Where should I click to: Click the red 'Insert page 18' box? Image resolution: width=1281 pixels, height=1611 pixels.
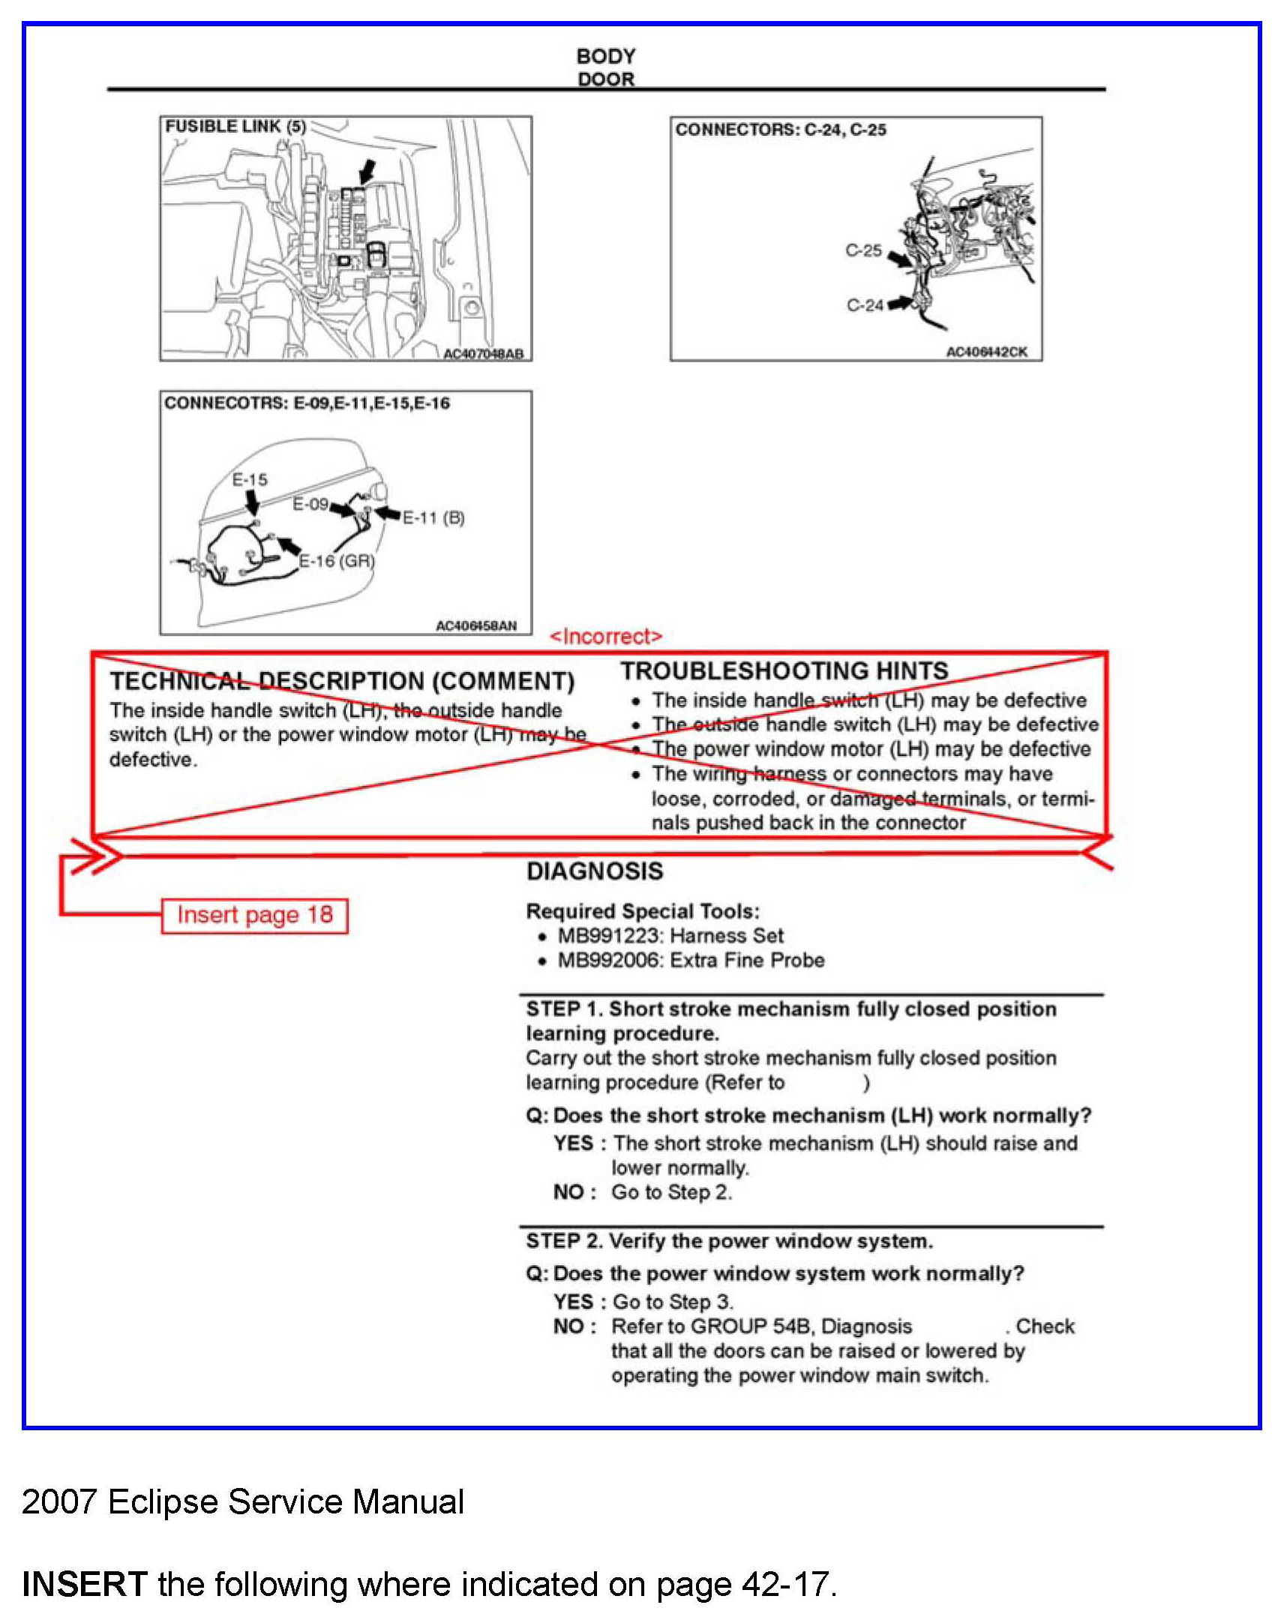point(254,916)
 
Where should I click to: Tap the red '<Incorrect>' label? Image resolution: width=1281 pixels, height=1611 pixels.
point(606,637)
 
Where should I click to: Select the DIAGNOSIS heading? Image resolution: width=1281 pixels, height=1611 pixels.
point(595,871)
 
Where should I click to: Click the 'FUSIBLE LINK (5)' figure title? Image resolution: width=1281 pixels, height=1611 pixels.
point(235,127)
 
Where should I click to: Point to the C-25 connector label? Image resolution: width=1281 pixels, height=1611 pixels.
point(863,250)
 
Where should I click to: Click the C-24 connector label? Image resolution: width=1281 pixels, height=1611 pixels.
point(865,305)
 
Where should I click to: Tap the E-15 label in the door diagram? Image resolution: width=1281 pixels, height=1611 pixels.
point(250,480)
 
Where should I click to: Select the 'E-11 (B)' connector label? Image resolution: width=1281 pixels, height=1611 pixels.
point(433,517)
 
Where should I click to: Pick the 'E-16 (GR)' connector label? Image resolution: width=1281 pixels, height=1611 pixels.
point(337,561)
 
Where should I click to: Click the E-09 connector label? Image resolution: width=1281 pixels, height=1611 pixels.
point(310,504)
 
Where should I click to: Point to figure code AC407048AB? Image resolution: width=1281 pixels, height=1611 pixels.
point(483,354)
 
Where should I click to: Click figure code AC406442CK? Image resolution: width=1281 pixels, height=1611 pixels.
point(986,352)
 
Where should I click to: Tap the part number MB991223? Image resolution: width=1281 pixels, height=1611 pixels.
point(610,936)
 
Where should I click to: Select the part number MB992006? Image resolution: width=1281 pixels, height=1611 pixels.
point(610,961)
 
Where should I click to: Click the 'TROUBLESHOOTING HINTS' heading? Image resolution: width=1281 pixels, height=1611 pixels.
point(784,670)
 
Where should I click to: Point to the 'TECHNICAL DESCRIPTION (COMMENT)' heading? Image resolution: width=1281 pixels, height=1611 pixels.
point(342,681)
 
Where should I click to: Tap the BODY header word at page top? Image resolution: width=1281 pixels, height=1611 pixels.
point(606,56)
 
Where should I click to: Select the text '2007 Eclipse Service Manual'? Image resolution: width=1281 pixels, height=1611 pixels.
point(243,1502)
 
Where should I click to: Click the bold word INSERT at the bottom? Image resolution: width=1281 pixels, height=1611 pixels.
point(84,1584)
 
